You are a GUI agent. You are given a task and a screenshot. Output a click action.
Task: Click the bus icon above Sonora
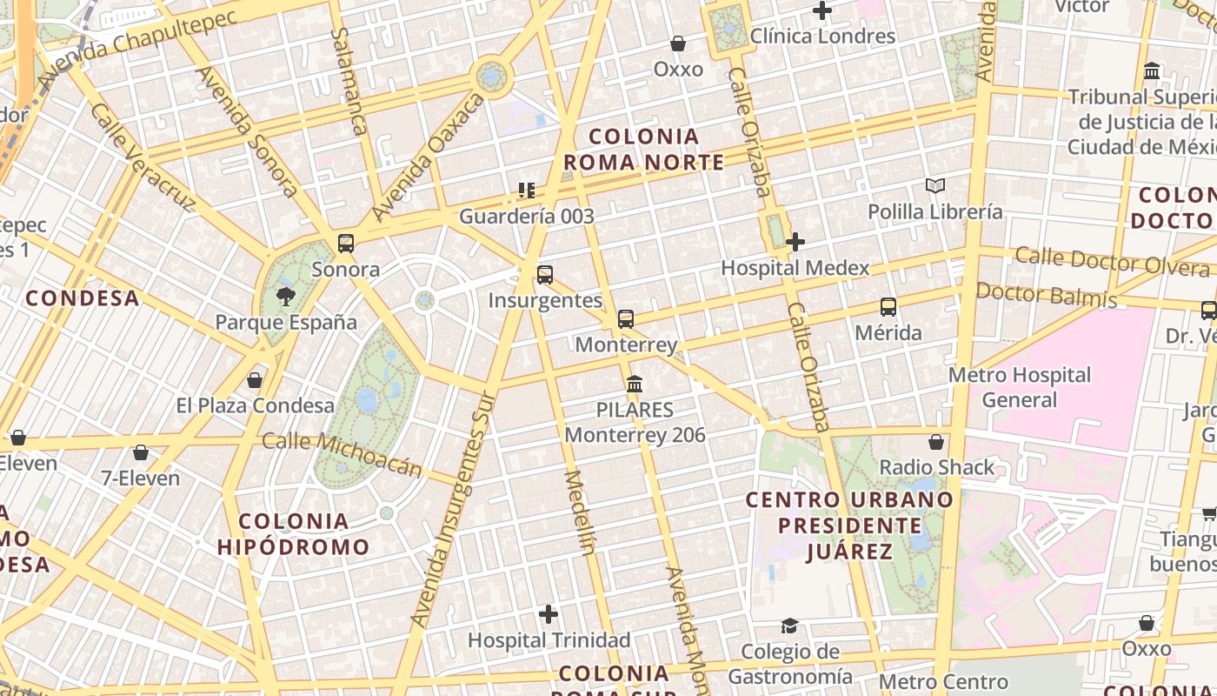[346, 244]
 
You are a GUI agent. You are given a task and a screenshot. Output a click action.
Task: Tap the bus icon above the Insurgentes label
[545, 275]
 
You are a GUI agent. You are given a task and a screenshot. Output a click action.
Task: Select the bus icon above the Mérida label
[888, 307]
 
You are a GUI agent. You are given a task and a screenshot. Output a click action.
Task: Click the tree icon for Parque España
[285, 297]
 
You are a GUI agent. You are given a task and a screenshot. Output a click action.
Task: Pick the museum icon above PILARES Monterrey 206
[635, 384]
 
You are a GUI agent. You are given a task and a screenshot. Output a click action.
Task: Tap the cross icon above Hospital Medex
[795, 242]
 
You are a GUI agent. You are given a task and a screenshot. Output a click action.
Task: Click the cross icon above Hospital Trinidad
[549, 615]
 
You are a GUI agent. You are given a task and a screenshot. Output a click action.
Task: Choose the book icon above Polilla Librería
[934, 185]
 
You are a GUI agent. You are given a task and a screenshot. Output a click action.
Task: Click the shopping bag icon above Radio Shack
[936, 442]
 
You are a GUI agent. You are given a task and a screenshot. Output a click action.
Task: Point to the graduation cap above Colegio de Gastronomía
[789, 626]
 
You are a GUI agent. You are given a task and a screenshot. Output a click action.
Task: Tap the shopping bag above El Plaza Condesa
[255, 380]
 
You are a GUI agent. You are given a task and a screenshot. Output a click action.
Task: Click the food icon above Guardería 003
[526, 191]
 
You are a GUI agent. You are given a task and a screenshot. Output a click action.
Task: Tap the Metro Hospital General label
[1019, 387]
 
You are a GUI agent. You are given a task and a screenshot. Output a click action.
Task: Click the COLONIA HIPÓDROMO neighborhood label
[293, 534]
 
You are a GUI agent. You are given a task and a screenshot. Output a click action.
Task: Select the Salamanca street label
[348, 81]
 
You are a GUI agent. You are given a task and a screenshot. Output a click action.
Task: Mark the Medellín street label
[581, 512]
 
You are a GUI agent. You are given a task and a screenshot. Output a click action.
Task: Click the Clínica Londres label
[822, 37]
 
